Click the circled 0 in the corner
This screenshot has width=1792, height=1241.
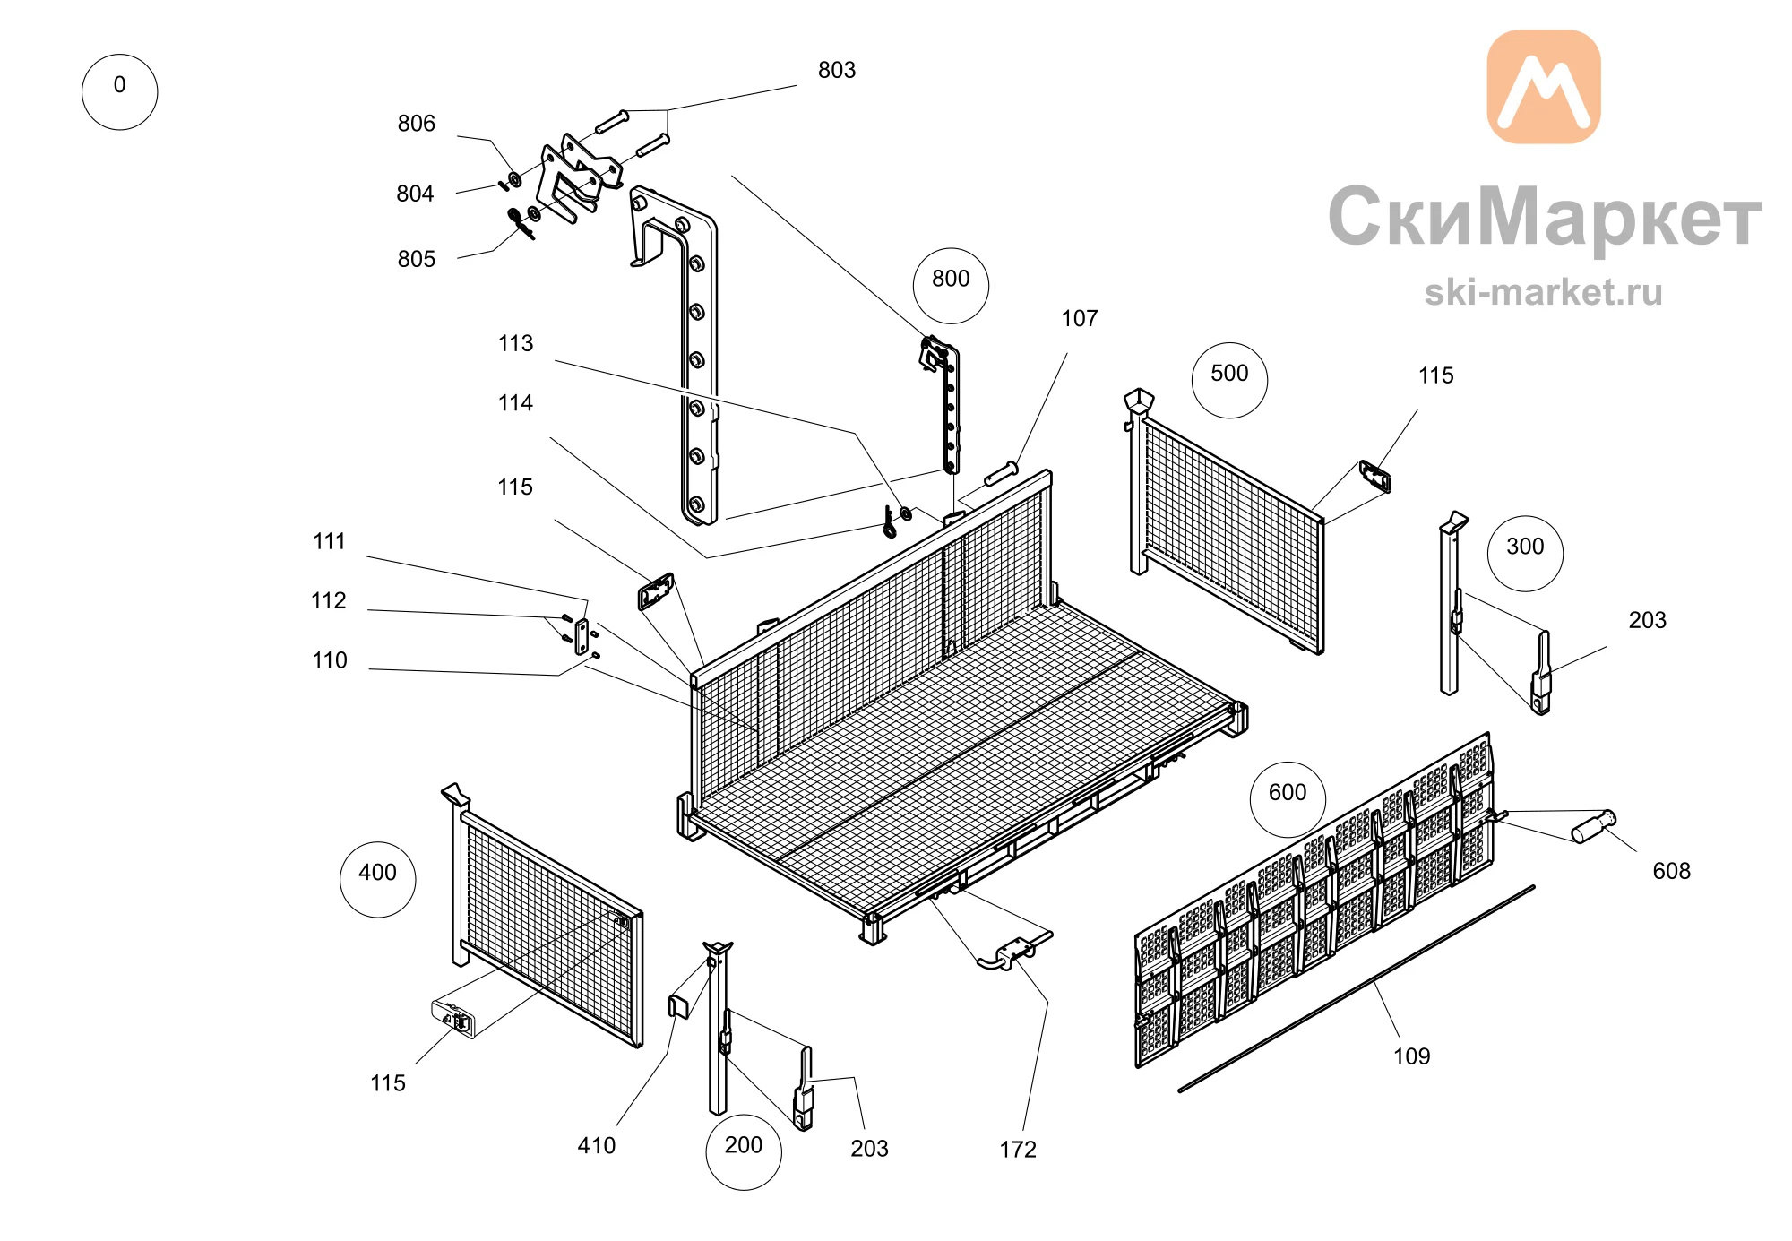119,91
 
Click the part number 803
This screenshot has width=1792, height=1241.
837,70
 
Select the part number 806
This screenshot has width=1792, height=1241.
417,124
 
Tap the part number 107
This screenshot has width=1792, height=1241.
1080,318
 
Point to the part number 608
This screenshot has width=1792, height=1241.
1672,871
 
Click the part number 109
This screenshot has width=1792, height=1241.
1412,1056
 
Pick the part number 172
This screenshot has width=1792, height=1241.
1018,1150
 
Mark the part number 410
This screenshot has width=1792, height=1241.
597,1145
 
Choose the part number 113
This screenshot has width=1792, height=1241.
515,343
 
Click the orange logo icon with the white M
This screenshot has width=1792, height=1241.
1544,87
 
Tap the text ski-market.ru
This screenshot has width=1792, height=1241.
1543,292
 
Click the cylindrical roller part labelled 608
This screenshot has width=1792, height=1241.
1594,826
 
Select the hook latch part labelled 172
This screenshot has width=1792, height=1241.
1014,952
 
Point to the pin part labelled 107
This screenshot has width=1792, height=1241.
1002,473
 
